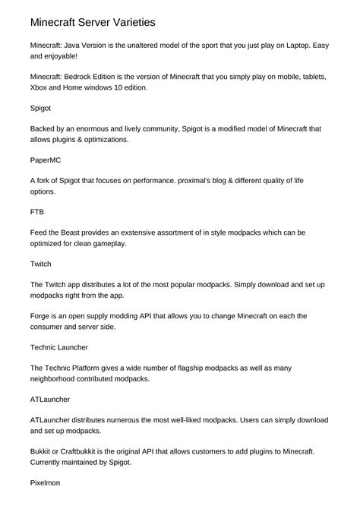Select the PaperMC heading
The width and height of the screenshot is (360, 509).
point(48,161)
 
